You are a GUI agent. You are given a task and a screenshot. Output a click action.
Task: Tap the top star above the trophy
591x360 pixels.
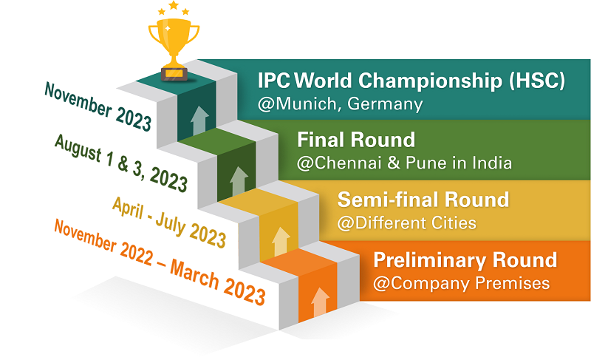[174, 5]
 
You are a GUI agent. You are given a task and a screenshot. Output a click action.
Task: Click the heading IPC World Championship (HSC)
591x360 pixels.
[411, 81]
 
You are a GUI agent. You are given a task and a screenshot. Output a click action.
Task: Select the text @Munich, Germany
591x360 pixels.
[340, 104]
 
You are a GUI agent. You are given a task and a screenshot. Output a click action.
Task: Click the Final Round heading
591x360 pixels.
[356, 140]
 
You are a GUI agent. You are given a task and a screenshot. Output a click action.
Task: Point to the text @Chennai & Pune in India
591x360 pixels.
[404, 163]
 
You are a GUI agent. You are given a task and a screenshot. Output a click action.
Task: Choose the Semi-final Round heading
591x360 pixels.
[423, 200]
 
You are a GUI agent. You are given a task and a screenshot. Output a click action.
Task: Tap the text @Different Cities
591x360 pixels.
[407, 223]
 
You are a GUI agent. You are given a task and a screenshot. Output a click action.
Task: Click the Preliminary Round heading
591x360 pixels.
[465, 260]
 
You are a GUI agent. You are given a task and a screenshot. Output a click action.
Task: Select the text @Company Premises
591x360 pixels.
[461, 283]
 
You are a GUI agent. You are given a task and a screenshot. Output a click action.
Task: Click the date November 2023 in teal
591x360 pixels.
[98, 106]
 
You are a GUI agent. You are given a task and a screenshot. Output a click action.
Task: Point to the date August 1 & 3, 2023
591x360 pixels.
[120, 163]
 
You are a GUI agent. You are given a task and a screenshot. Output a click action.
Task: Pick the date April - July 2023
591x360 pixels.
[169, 223]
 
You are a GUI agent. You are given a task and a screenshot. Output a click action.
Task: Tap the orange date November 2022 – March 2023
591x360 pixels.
[160, 262]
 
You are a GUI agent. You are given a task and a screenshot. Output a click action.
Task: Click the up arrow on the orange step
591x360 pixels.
[320, 302]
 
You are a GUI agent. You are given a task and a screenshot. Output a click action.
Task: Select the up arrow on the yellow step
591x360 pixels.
[281, 242]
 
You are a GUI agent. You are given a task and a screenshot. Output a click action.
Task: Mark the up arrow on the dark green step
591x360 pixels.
[239, 181]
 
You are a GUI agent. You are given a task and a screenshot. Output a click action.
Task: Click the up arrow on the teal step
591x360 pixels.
[199, 120]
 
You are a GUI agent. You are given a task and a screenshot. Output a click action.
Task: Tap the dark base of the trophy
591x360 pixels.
[174, 74]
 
